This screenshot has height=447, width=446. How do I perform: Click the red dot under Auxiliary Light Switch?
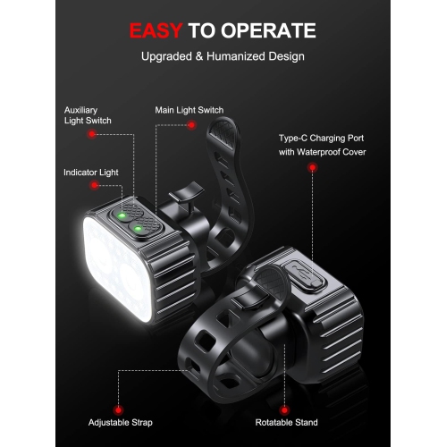pos(91,135)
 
